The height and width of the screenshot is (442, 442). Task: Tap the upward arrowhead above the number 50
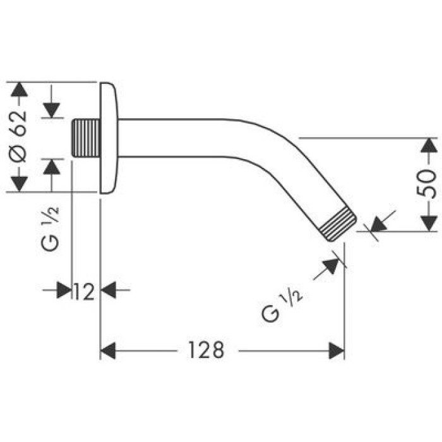[x=429, y=146]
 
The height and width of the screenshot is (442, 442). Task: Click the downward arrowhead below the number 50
[x=429, y=222]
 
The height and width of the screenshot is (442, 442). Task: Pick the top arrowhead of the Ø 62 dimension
[x=20, y=90]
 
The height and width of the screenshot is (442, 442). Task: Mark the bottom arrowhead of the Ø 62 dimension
[x=20, y=184]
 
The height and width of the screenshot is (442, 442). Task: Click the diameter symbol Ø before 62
[x=20, y=155]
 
